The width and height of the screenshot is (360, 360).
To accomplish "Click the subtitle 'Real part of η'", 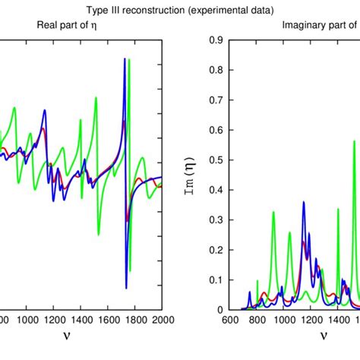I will tap(71, 24).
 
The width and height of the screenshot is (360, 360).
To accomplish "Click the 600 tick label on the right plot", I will tap(239, 319).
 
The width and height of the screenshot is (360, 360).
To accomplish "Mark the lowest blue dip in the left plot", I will tap(126, 288).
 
